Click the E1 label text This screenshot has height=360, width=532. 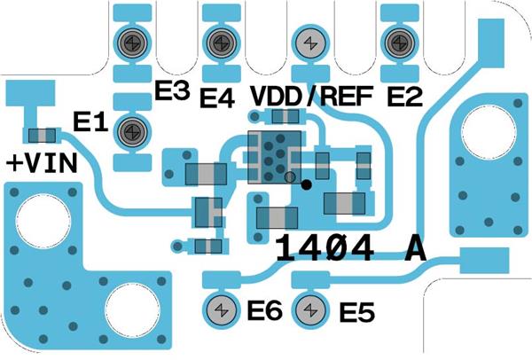click(90, 125)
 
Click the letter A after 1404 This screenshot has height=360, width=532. click(413, 248)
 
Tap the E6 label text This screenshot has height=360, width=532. click(263, 310)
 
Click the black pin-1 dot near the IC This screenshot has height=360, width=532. click(306, 184)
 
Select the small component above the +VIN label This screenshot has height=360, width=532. click(41, 136)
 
